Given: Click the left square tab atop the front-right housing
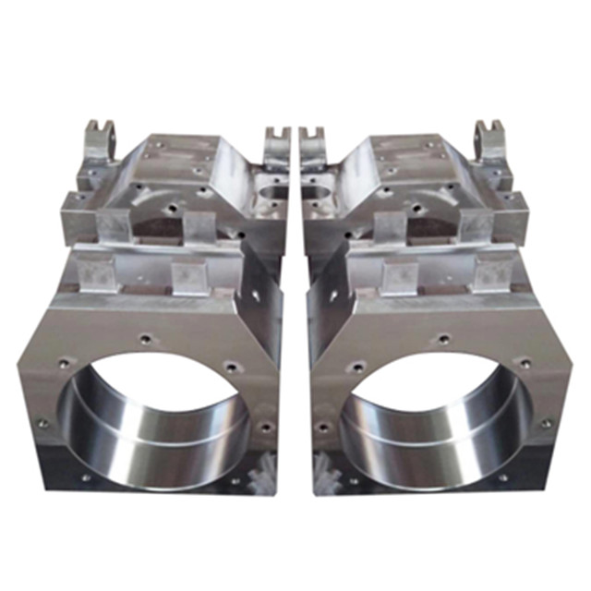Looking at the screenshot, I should pos(399,275).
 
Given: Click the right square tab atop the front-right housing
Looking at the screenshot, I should pos(493,272).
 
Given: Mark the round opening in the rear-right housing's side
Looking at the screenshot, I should pos(319,194).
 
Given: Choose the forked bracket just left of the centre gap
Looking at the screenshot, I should pos(276,148).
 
